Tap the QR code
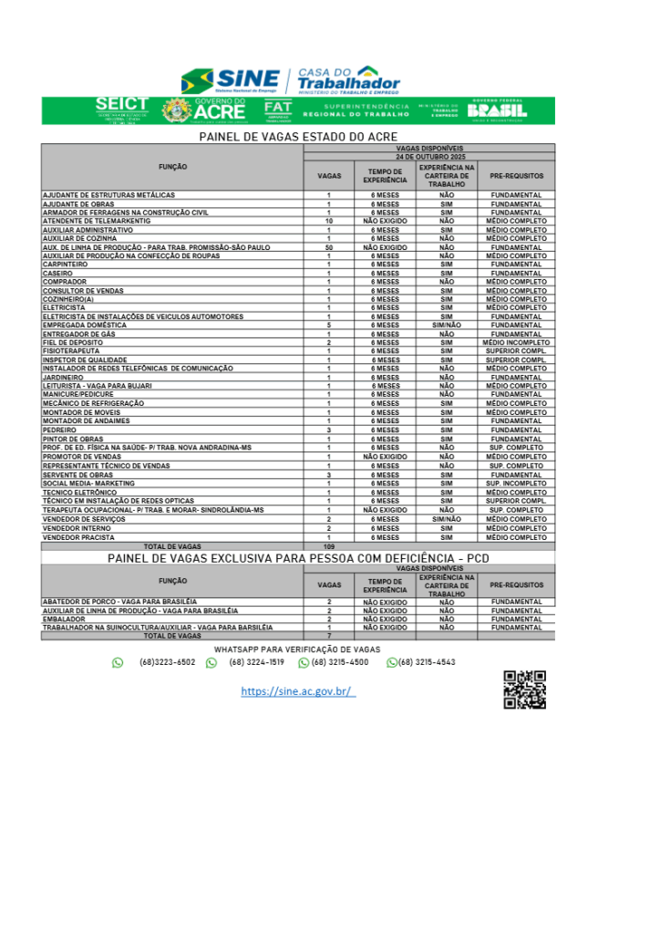[524, 689]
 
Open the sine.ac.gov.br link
[297, 691]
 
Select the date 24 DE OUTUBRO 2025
[429, 157]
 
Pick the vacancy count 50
[328, 247]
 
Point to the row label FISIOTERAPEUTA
[69, 351]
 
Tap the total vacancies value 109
[328, 546]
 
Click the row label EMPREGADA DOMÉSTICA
[84, 325]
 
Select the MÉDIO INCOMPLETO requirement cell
[517, 342]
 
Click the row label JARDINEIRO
[63, 377]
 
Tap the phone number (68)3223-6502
[167, 662]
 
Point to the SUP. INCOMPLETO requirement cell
[517, 483]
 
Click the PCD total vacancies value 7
[328, 636]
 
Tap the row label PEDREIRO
[59, 429]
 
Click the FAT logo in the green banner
[277, 110]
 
